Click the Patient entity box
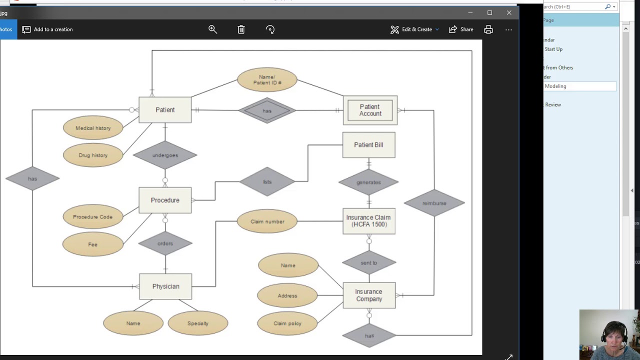pyautogui.click(x=165, y=110)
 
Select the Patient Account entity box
pyautogui.click(x=370, y=110)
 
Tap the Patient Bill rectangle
pyautogui.click(x=368, y=145)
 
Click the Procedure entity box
pyautogui.click(x=165, y=200)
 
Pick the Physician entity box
pyautogui.click(x=165, y=286)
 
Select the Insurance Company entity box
pyautogui.click(x=369, y=295)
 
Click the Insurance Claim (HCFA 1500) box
pyautogui.click(x=368, y=221)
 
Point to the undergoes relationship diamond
pyautogui.click(x=165, y=155)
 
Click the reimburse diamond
pyautogui.click(x=434, y=203)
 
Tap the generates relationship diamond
pyautogui.click(x=368, y=182)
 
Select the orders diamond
pyautogui.click(x=165, y=243)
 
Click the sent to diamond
pyautogui.click(x=369, y=262)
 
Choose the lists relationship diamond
pyautogui.click(x=267, y=181)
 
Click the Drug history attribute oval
pyautogui.click(x=93, y=155)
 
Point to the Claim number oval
pyautogui.click(x=267, y=221)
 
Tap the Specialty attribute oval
pyautogui.click(x=198, y=323)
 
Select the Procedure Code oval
pyautogui.click(x=93, y=217)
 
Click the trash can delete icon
pyautogui.click(x=241, y=29)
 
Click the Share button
pyautogui.click(x=461, y=29)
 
